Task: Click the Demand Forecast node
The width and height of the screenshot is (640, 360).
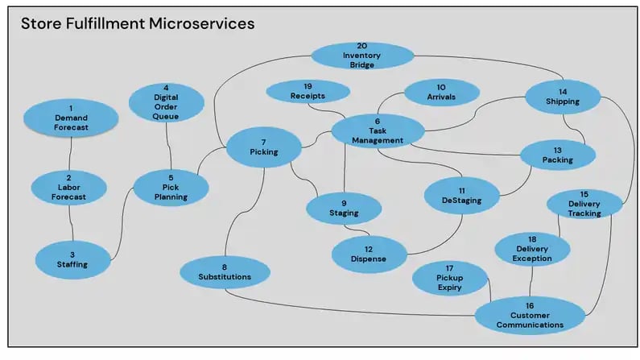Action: (71, 118)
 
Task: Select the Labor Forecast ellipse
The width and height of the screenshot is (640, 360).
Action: (68, 188)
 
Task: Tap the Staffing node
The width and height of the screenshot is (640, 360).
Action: (72, 258)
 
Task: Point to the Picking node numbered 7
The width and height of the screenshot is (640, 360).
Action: (263, 147)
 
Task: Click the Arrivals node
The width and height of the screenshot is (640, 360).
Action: (440, 94)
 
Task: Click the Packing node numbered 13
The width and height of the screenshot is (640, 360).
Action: (557, 155)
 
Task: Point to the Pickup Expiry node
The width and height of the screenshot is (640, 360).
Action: (450, 278)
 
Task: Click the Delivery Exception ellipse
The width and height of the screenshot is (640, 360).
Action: (531, 249)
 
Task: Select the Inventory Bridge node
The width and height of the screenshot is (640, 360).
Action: (361, 55)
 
